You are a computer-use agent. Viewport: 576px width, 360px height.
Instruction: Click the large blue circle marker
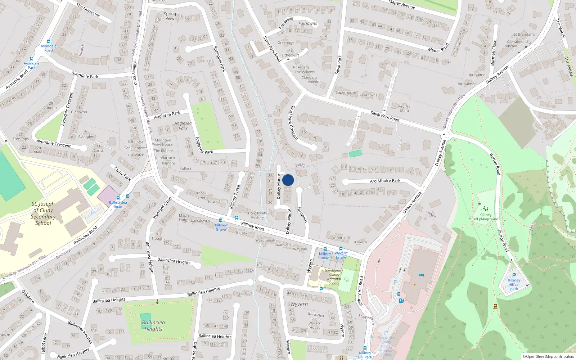click(288, 180)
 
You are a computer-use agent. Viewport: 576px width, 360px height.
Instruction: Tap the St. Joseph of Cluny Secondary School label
click(43, 213)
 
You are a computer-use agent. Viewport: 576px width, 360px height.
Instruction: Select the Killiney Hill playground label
click(485, 217)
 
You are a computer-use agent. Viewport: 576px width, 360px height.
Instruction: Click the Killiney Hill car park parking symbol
click(514, 275)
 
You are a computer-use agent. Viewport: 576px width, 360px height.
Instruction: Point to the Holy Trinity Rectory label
click(257, 215)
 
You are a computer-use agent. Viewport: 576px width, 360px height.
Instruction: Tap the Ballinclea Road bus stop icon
click(118, 198)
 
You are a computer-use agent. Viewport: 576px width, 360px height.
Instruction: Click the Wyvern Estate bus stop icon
click(341, 249)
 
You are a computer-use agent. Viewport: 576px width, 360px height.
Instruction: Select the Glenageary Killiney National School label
click(334, 277)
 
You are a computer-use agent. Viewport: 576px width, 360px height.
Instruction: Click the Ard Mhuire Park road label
click(385, 181)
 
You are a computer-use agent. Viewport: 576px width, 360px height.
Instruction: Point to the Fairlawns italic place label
click(307, 23)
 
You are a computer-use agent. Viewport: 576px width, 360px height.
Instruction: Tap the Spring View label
click(170, 16)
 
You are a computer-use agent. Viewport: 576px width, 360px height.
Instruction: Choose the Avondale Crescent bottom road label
click(53, 143)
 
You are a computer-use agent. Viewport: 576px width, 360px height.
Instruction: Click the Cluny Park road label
click(122, 174)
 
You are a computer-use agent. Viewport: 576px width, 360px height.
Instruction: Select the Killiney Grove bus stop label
click(221, 227)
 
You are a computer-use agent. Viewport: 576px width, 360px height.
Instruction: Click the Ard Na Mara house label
click(404, 108)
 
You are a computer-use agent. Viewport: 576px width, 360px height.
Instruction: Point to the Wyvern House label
click(315, 325)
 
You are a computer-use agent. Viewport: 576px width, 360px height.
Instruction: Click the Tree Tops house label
click(21, 137)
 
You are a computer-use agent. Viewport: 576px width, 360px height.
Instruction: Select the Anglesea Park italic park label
click(183, 126)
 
